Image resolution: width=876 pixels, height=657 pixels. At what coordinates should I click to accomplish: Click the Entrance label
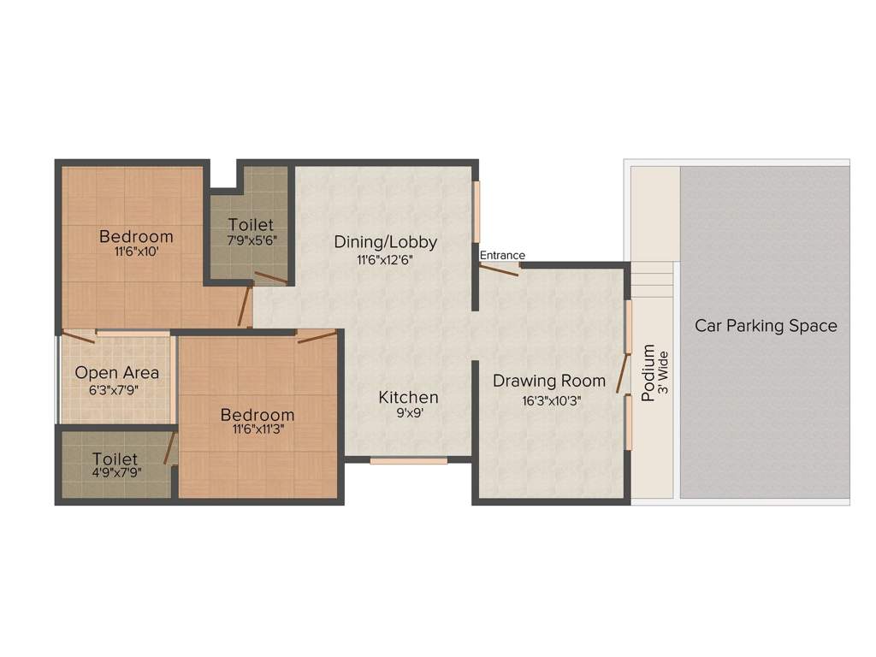(x=502, y=255)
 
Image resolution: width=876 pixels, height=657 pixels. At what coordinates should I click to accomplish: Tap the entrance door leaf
(x=499, y=269)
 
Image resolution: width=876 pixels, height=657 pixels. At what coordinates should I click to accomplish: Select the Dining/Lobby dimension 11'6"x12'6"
(x=386, y=259)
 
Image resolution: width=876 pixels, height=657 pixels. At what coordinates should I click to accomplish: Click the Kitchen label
(x=408, y=397)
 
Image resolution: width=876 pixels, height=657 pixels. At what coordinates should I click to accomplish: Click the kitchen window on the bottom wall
(x=408, y=461)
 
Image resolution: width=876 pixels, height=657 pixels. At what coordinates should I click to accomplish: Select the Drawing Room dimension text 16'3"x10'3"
(x=552, y=401)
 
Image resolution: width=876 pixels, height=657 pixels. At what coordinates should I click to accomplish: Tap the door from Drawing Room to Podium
(x=623, y=373)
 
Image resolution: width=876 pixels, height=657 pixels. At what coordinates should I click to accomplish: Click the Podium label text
(x=648, y=373)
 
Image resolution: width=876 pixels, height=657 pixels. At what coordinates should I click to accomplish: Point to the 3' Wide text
(x=663, y=373)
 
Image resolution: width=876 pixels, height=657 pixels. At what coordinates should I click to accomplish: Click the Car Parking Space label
(x=766, y=326)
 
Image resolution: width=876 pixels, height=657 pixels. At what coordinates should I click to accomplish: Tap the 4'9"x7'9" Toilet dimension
(x=116, y=472)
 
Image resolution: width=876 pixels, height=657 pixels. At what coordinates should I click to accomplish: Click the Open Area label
(x=116, y=373)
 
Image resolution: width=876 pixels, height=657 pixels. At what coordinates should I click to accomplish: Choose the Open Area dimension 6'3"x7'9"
(x=114, y=390)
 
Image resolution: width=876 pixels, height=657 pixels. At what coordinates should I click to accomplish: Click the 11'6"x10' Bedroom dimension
(x=136, y=252)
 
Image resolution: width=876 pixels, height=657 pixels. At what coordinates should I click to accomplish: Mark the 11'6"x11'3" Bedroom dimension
(x=258, y=429)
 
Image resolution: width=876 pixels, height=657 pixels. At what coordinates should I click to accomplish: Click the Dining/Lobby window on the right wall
(x=476, y=212)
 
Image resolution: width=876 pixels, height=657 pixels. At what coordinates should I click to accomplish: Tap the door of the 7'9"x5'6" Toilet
(x=271, y=278)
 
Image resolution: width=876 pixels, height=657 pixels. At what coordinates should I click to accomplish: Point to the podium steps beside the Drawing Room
(x=652, y=280)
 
